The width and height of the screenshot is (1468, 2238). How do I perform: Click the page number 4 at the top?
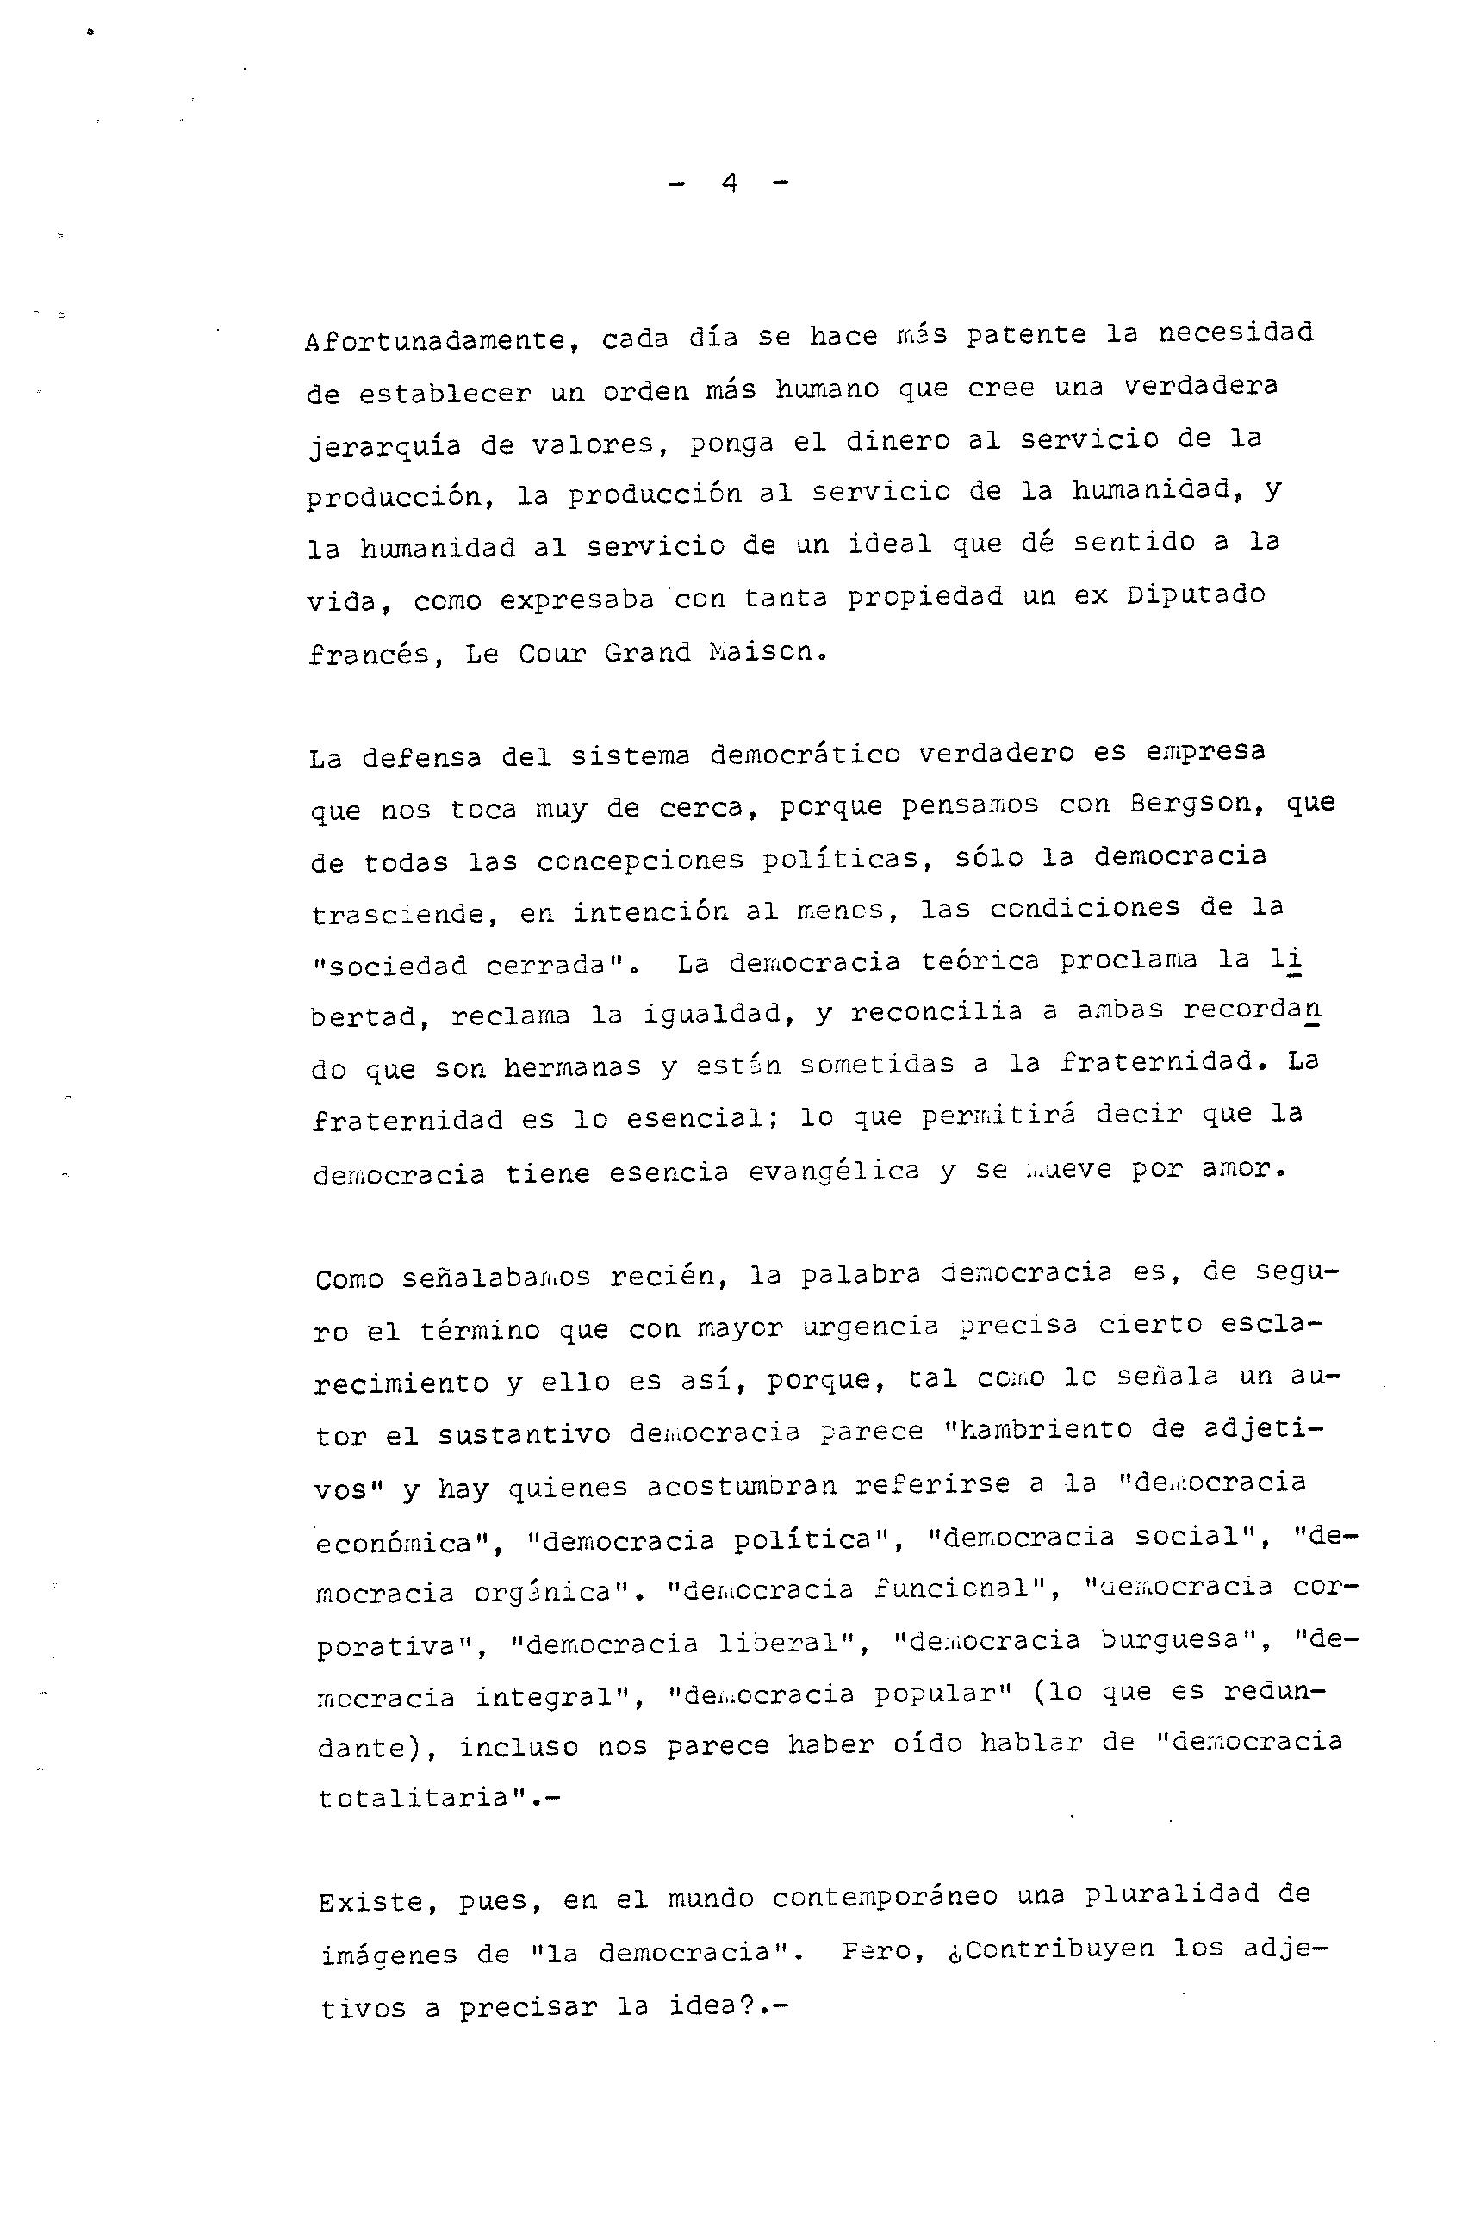click(x=729, y=183)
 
